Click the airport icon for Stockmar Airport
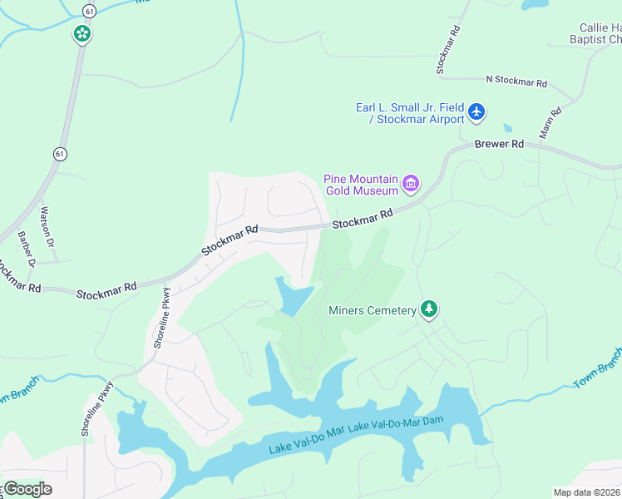(x=476, y=111)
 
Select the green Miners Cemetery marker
(x=429, y=309)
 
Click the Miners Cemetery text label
(x=372, y=311)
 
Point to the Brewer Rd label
(x=499, y=144)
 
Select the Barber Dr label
(x=27, y=249)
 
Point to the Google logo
(x=27, y=489)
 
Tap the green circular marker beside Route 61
(x=81, y=34)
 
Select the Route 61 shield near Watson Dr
(x=59, y=154)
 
